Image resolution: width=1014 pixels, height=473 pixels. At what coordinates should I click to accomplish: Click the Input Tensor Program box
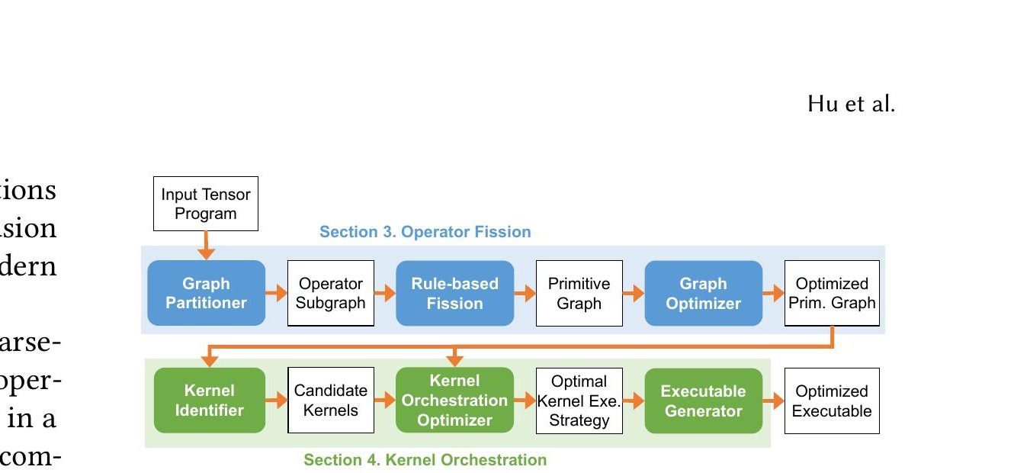point(205,204)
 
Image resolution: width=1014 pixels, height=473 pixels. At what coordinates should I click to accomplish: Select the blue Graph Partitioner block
point(206,293)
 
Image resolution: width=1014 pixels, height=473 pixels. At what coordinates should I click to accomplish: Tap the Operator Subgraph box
point(330,293)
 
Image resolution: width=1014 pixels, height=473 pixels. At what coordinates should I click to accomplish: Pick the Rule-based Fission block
point(454,293)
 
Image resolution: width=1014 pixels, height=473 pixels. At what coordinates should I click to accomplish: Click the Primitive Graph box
point(579,293)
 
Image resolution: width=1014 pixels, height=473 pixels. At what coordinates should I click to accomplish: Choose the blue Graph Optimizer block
point(703,293)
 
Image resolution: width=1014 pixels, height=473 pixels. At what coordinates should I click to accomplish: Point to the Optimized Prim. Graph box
point(832,293)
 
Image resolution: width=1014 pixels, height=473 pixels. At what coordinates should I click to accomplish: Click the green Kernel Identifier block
point(209,401)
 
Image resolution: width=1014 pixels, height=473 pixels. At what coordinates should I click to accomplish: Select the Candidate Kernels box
point(330,401)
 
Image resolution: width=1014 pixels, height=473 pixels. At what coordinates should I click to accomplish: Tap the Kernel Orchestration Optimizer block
point(454,401)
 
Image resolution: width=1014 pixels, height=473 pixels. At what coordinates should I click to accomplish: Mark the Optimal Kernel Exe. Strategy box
point(579,401)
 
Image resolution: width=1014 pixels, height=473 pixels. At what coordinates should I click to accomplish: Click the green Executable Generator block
point(703,401)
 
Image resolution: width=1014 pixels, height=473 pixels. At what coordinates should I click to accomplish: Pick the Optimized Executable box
point(832,401)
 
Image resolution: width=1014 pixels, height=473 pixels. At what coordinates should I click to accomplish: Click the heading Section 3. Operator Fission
point(425,232)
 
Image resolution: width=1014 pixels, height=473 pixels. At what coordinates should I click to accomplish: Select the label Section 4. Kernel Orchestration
point(425,460)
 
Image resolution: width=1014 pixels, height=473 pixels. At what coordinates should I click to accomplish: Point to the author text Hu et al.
point(851,104)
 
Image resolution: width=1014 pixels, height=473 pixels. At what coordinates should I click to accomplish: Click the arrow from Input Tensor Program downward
point(205,245)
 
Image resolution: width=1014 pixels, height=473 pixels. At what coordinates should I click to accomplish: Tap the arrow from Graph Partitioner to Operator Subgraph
point(276,293)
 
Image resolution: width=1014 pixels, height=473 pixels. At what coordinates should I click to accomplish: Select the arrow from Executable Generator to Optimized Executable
point(773,401)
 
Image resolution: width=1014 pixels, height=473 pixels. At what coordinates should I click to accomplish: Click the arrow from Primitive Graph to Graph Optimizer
point(634,293)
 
